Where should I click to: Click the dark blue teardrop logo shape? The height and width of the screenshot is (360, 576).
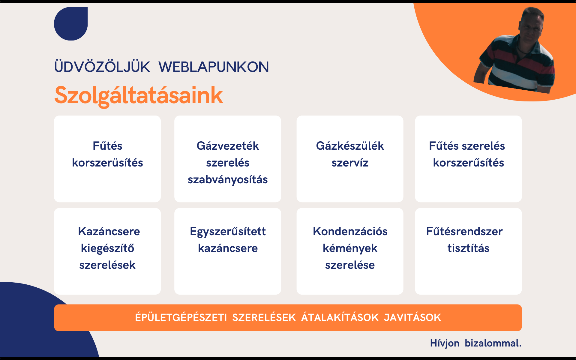(x=71, y=24)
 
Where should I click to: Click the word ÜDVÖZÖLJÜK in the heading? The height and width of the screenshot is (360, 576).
(x=102, y=67)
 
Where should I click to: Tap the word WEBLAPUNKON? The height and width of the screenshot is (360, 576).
(x=214, y=67)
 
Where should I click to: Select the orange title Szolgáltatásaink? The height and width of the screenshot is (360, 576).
(x=139, y=95)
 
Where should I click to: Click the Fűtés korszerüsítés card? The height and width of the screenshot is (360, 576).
(x=107, y=159)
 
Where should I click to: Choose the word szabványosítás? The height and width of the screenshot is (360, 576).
(x=228, y=180)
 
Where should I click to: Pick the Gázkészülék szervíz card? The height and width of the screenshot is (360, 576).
(x=350, y=159)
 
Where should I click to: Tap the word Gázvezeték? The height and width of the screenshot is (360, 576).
(x=228, y=146)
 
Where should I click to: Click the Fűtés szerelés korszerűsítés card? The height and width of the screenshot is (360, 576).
(x=468, y=159)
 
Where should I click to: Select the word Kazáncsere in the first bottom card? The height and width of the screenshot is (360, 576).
(x=109, y=231)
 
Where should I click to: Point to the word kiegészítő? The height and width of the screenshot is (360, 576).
(x=107, y=248)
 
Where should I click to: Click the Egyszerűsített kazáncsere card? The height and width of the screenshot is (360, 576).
(x=228, y=251)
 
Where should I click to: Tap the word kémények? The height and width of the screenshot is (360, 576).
(x=350, y=248)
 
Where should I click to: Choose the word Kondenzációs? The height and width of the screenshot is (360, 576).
(x=350, y=231)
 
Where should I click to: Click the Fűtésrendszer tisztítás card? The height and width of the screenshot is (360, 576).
(x=468, y=251)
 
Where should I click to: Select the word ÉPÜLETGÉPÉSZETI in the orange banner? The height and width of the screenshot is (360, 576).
(x=181, y=317)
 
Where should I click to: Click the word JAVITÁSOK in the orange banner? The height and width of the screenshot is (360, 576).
(x=412, y=317)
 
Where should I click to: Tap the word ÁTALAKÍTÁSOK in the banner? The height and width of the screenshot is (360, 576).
(x=340, y=317)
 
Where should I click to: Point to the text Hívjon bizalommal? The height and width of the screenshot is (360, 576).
(x=476, y=343)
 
